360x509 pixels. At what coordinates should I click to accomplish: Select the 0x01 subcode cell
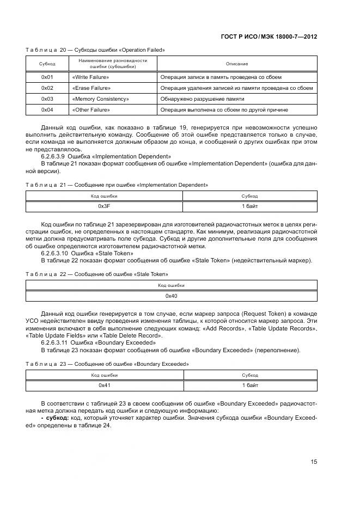pyautogui.click(x=47, y=78)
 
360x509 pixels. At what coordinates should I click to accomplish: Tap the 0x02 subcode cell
pyautogui.click(x=47, y=88)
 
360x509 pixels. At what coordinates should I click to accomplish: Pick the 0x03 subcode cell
pyautogui.click(x=47, y=99)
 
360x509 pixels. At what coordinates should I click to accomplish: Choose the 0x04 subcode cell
pyautogui.click(x=47, y=110)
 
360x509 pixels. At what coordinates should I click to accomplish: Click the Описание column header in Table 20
pyautogui.click(x=237, y=64)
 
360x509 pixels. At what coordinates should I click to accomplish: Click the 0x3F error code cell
pyautogui.click(x=104, y=206)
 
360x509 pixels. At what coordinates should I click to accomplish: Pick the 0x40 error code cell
pyautogui.click(x=171, y=296)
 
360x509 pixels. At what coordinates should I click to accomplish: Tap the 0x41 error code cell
pyautogui.click(x=104, y=385)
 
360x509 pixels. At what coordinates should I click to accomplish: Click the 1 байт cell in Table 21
pyautogui.click(x=249, y=206)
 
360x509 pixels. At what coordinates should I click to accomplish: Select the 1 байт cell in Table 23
pyautogui.click(x=250, y=385)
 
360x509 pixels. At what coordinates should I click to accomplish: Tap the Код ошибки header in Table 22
pyautogui.click(x=171, y=285)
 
